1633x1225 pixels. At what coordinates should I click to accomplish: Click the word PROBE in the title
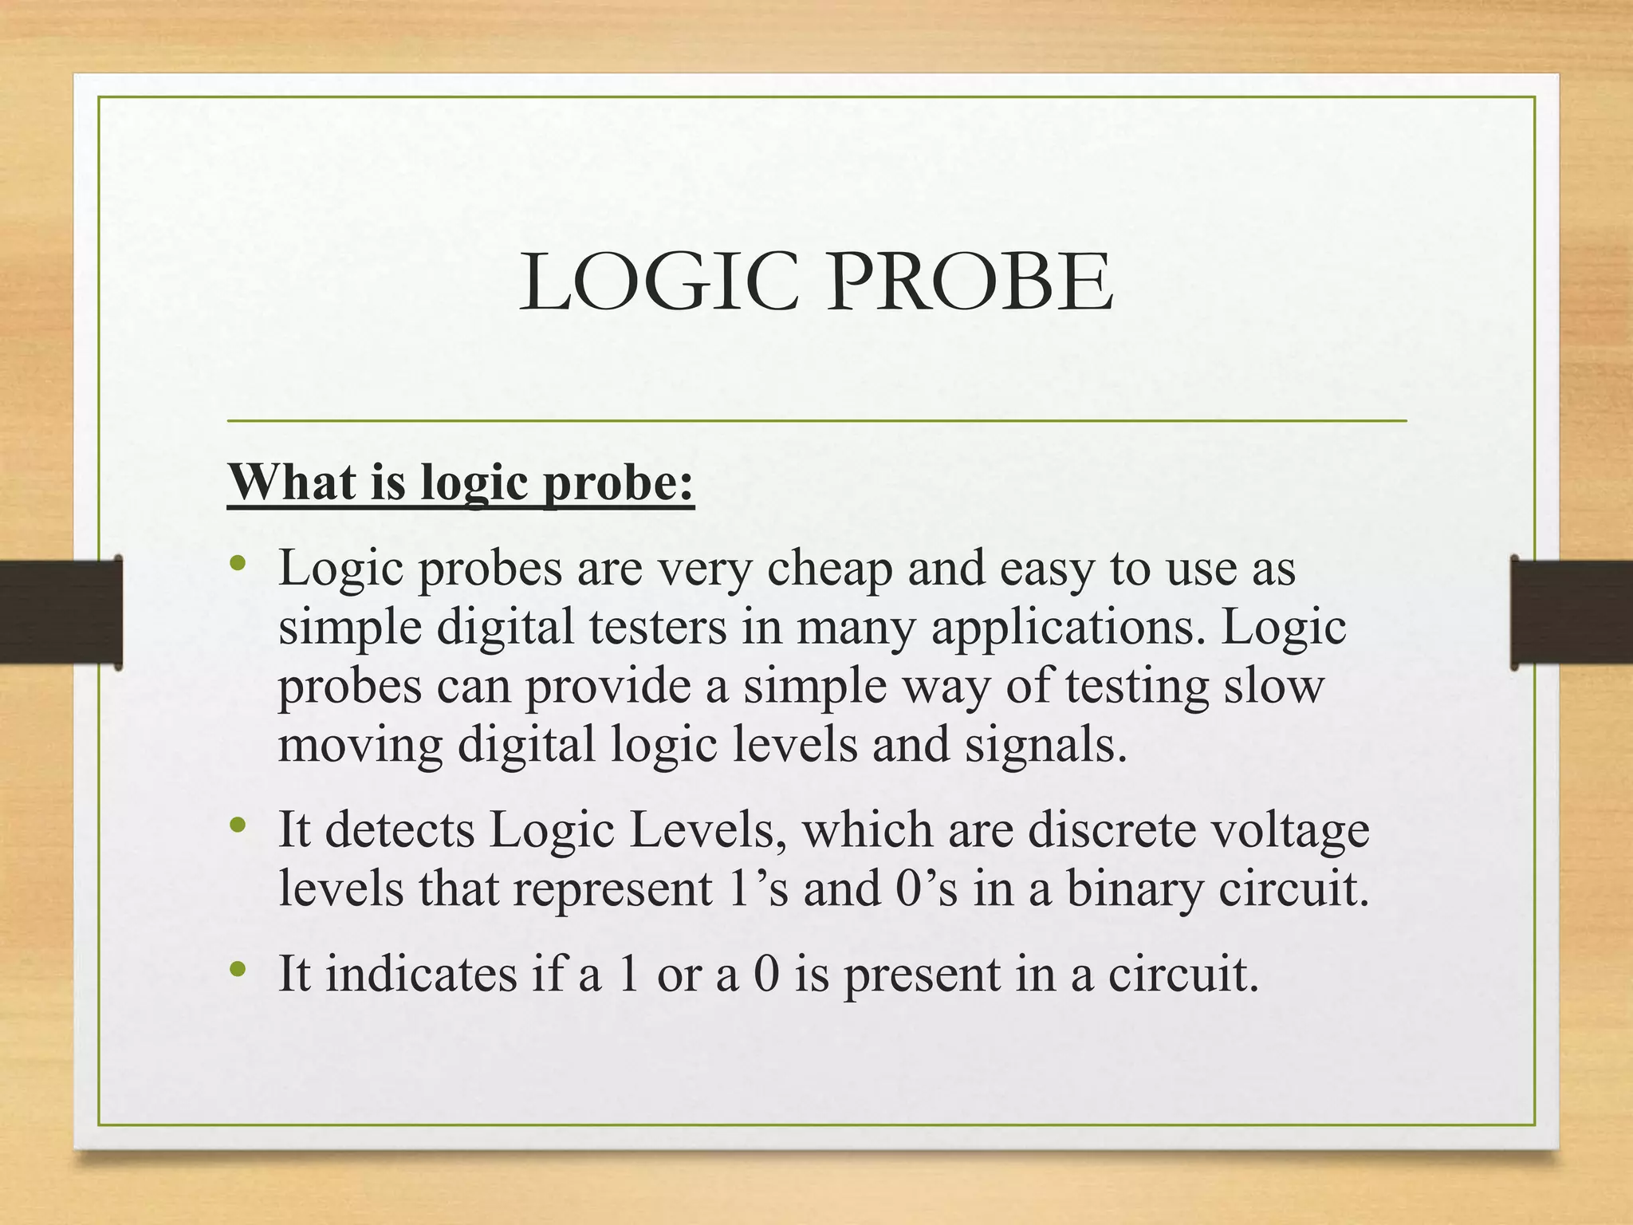coord(969,282)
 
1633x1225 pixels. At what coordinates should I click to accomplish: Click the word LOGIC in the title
coord(659,282)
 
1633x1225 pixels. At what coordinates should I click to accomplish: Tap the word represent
coord(612,891)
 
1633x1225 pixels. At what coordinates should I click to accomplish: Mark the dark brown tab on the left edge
coord(61,612)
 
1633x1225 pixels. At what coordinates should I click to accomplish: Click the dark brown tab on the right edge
coord(1572,612)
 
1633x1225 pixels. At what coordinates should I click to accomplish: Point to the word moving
coord(360,746)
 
